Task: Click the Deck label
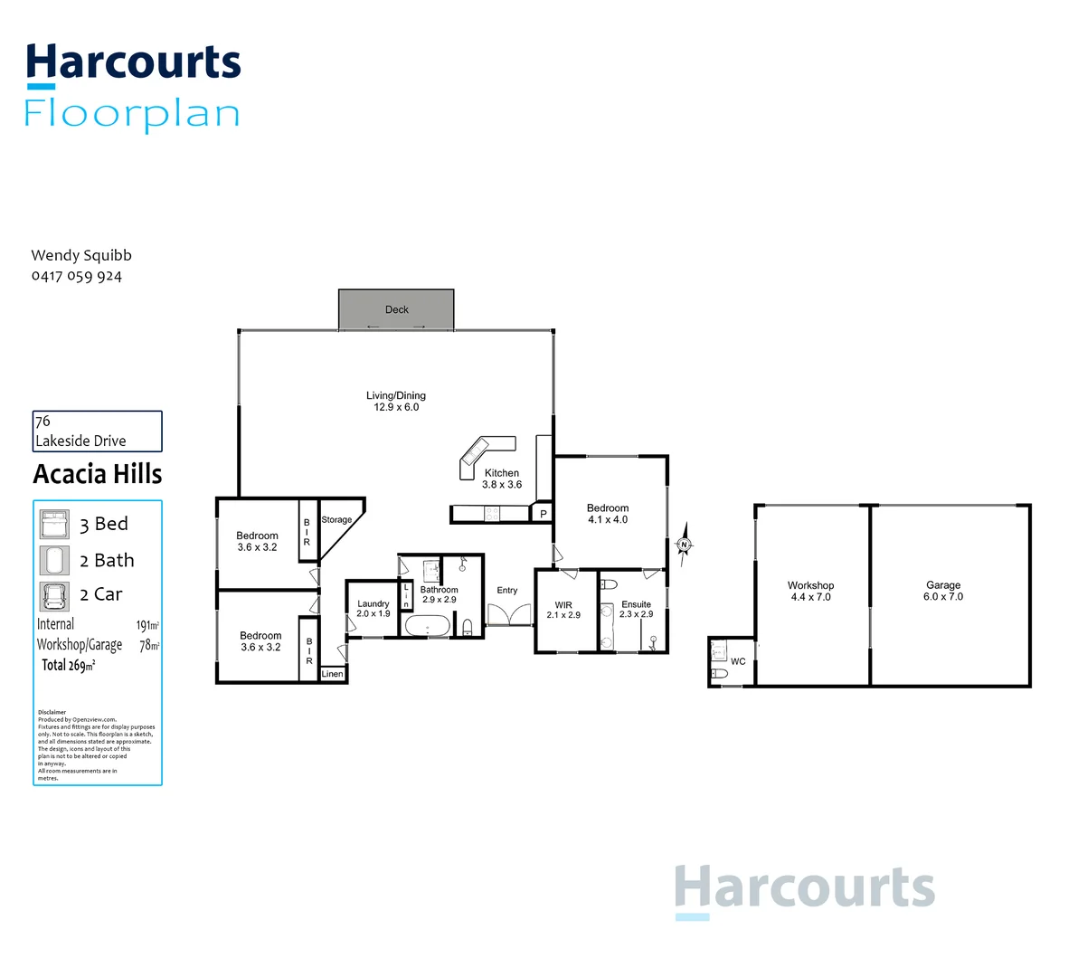point(396,309)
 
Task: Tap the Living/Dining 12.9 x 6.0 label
point(396,402)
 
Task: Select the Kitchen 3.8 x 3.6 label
point(502,479)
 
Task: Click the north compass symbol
point(685,545)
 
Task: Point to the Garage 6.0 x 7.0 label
point(943,591)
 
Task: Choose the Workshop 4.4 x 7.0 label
point(810,591)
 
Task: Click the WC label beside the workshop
point(738,661)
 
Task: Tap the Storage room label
point(336,520)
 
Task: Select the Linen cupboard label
point(332,674)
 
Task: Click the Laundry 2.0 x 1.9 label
point(373,609)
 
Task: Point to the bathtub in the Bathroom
point(427,626)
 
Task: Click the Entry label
point(507,591)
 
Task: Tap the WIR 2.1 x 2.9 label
point(563,611)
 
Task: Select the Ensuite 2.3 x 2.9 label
point(636,609)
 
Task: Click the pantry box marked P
point(543,514)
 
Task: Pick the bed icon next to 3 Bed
point(54,524)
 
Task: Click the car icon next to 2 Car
point(54,595)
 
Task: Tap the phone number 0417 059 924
point(77,276)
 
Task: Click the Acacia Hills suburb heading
point(98,474)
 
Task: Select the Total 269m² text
point(69,665)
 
